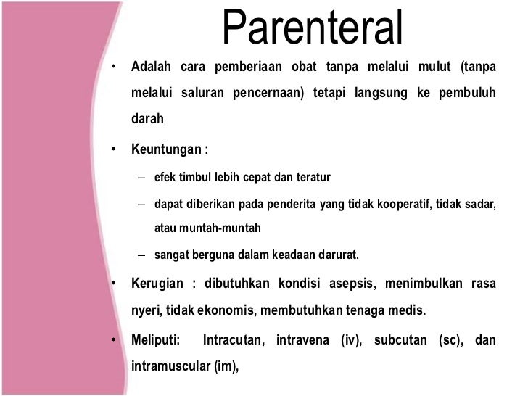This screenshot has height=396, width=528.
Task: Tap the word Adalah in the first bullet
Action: pyautogui.click(x=150, y=67)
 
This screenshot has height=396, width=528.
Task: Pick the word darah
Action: pyautogui.click(x=147, y=119)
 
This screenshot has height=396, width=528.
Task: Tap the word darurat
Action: pyautogui.click(x=339, y=255)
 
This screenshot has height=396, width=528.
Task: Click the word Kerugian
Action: pyautogui.click(x=156, y=283)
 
